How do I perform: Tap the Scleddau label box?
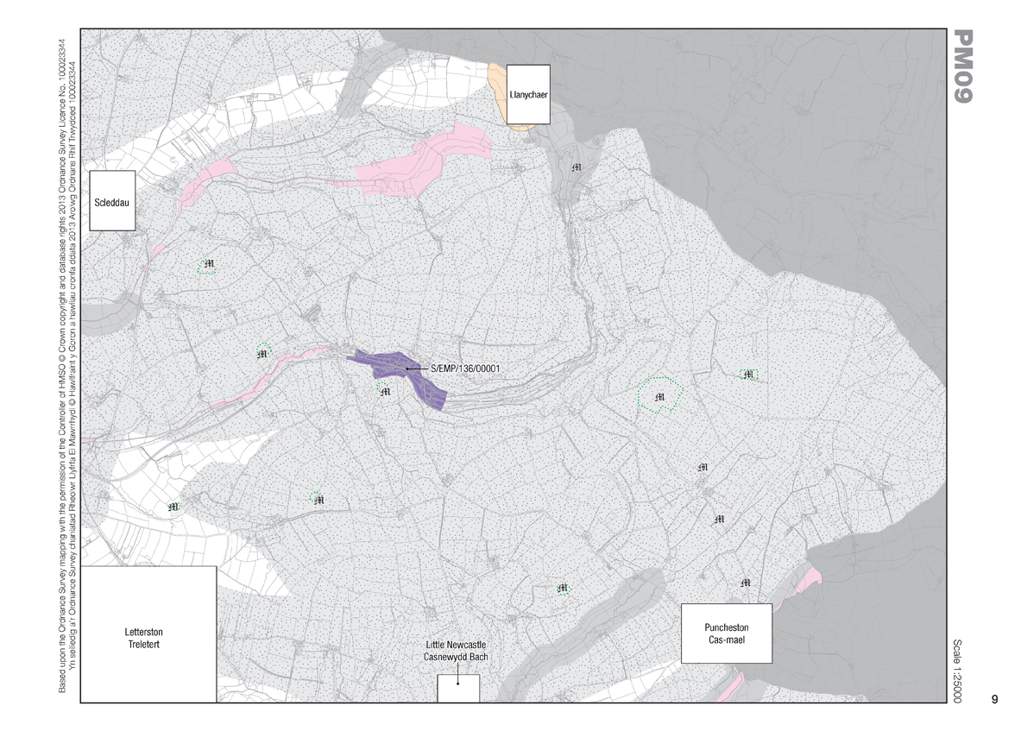click(x=113, y=200)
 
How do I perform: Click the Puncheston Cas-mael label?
click(x=726, y=633)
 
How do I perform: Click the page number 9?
click(x=994, y=699)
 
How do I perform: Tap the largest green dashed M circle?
click(x=660, y=396)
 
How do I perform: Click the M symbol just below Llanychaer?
click(x=577, y=165)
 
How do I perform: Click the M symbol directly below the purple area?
click(x=385, y=392)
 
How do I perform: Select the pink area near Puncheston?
click(x=810, y=577)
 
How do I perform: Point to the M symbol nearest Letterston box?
click(x=173, y=507)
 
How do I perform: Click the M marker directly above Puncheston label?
click(x=746, y=583)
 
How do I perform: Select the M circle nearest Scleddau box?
click(x=207, y=265)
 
